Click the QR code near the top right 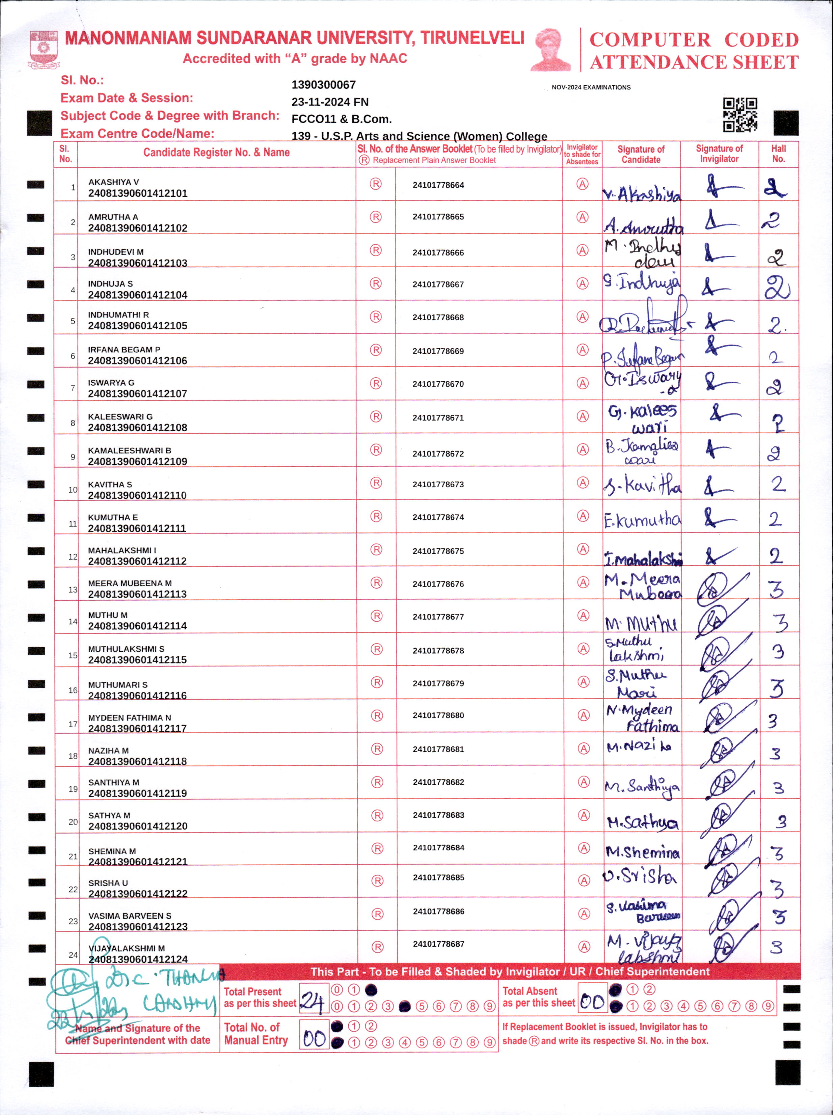point(740,115)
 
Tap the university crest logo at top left point(44,49)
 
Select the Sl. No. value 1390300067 point(323,85)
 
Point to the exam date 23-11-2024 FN point(330,102)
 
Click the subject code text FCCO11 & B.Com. point(341,119)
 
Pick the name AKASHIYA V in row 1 point(113,182)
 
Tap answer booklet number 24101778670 point(438,384)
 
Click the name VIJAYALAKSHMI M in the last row point(127,948)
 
